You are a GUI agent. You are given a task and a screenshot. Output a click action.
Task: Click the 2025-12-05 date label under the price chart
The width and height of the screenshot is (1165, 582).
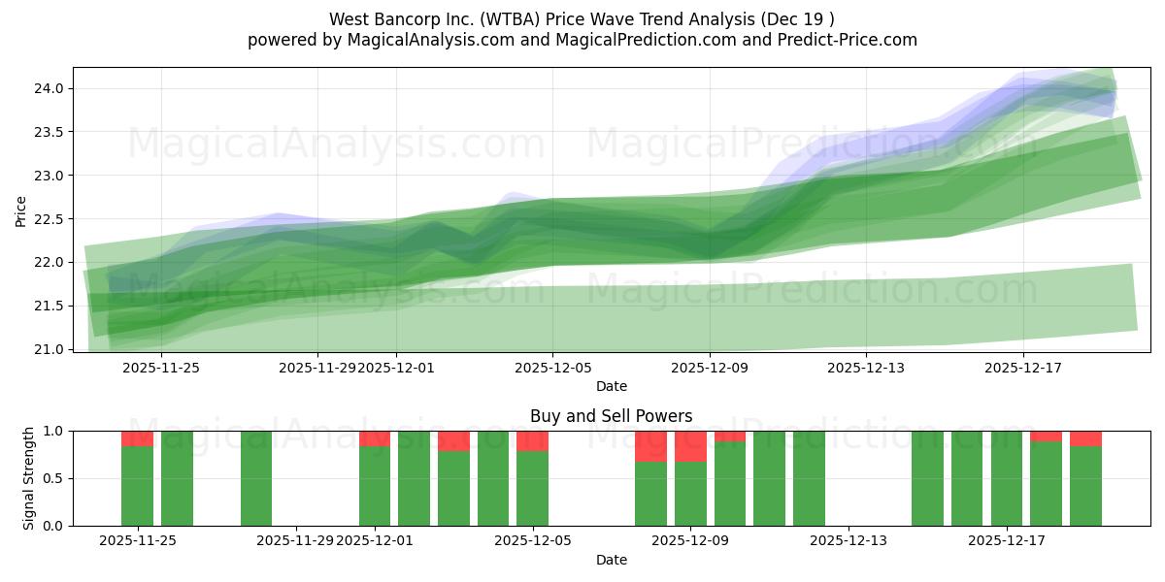552,368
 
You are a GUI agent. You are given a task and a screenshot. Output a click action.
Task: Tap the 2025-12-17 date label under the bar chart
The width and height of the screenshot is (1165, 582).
1007,540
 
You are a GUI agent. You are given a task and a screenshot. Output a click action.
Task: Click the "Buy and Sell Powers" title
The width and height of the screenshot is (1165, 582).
611,416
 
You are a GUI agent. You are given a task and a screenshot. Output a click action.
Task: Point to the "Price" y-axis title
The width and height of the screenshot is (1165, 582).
21,210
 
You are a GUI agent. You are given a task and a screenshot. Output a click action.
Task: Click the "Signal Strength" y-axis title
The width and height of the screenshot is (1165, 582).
29,478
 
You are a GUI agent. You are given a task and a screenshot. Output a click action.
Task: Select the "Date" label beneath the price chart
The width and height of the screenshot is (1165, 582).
611,386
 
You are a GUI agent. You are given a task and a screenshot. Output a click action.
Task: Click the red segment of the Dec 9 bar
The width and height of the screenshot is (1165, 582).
690,446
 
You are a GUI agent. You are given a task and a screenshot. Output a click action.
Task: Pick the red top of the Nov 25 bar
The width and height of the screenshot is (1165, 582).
137,438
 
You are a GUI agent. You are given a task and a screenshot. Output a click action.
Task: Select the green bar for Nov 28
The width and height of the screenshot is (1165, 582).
256,478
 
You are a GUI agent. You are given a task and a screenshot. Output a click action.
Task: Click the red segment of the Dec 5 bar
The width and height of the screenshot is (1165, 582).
532,440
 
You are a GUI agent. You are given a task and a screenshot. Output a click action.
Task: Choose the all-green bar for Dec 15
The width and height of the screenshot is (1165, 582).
927,478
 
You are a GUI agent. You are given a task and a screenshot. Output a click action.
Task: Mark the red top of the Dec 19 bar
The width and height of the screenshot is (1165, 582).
1085,438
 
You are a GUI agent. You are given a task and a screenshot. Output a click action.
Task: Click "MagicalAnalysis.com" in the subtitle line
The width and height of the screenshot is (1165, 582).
423,40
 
